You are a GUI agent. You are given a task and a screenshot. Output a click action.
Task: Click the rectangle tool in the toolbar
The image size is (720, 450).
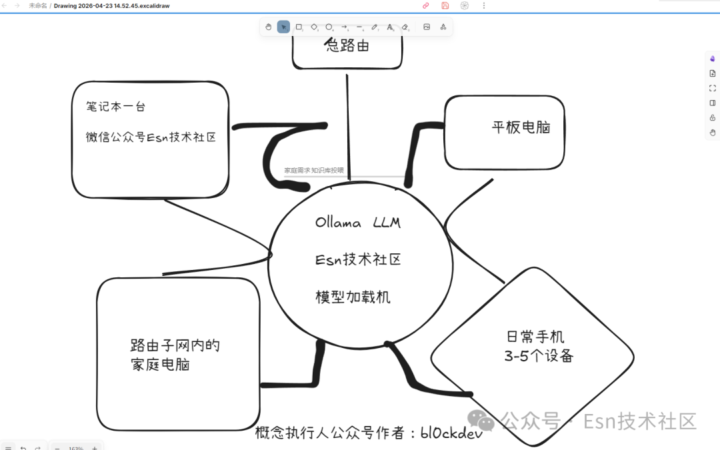pos(299,27)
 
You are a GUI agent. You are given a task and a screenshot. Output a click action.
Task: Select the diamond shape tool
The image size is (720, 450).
pos(314,27)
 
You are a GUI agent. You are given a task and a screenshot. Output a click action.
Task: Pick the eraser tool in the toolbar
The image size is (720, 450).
pos(405,27)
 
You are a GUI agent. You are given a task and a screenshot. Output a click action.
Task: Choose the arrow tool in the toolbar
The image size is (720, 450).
pos(345,27)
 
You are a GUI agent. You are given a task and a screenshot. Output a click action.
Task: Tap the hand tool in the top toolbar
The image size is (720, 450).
pos(268,27)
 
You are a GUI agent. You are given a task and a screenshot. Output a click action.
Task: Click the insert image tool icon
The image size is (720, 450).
pos(427,27)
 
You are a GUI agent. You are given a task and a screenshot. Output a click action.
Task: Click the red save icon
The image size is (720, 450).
pos(445,5)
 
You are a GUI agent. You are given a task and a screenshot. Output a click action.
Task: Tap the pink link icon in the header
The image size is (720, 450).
pos(426,5)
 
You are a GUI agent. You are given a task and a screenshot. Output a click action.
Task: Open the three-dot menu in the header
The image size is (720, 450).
pos(484,5)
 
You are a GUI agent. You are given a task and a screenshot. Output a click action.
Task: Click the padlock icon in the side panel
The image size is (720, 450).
pos(713,117)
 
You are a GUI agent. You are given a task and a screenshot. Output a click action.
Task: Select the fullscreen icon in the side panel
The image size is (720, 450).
pos(713,88)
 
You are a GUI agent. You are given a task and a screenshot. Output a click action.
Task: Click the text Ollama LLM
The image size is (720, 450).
pos(358,223)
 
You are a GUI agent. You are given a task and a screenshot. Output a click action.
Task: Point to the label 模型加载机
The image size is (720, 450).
pos(353,297)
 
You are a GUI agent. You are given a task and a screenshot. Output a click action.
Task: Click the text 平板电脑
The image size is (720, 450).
pos(521,127)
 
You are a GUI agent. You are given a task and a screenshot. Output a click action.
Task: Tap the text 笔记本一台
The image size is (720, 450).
pos(115,106)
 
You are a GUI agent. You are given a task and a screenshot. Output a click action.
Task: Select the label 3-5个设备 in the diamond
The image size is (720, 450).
pos(539,356)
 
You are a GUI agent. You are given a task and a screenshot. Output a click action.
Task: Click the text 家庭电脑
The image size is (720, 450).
pos(160,365)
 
